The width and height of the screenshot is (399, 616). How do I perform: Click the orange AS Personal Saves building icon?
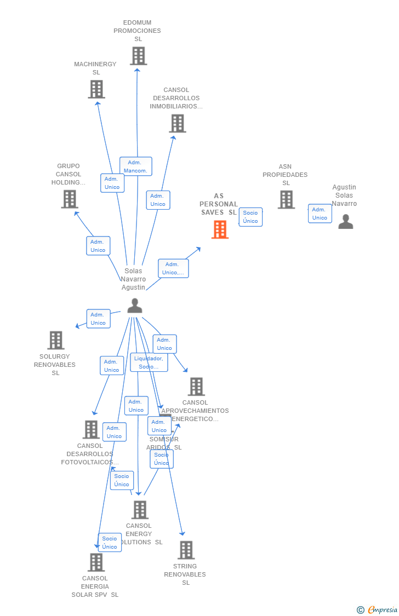point(220,229)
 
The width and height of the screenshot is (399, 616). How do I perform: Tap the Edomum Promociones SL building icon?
point(138,56)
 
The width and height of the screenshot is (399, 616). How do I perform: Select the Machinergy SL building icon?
point(96,89)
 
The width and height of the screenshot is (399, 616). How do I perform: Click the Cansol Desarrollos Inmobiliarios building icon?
point(178,124)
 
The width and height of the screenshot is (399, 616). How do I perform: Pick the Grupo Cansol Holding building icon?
point(70,199)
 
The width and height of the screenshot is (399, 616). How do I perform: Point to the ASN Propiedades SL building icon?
point(286,200)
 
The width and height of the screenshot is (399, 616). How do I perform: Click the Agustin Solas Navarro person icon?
point(345,221)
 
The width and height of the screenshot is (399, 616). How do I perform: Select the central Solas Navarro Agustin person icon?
point(134,306)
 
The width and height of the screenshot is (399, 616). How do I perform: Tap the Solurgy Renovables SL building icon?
point(55,340)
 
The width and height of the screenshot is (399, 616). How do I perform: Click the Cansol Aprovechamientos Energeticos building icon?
point(196,387)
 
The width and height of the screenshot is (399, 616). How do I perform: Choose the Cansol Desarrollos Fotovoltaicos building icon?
point(91,430)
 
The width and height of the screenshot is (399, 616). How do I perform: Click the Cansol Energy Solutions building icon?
point(140,510)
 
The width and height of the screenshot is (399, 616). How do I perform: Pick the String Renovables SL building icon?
point(186,550)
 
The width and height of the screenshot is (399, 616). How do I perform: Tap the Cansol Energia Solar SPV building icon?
point(96,562)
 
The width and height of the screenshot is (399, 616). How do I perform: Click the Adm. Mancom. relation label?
point(136,166)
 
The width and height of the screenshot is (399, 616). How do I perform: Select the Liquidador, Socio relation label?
point(149,362)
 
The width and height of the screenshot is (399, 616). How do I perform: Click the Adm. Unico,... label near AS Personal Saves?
point(173,268)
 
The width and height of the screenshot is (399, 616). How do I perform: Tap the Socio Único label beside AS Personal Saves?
point(250,217)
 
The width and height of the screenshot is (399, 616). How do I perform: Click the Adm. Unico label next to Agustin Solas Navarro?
point(320,214)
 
